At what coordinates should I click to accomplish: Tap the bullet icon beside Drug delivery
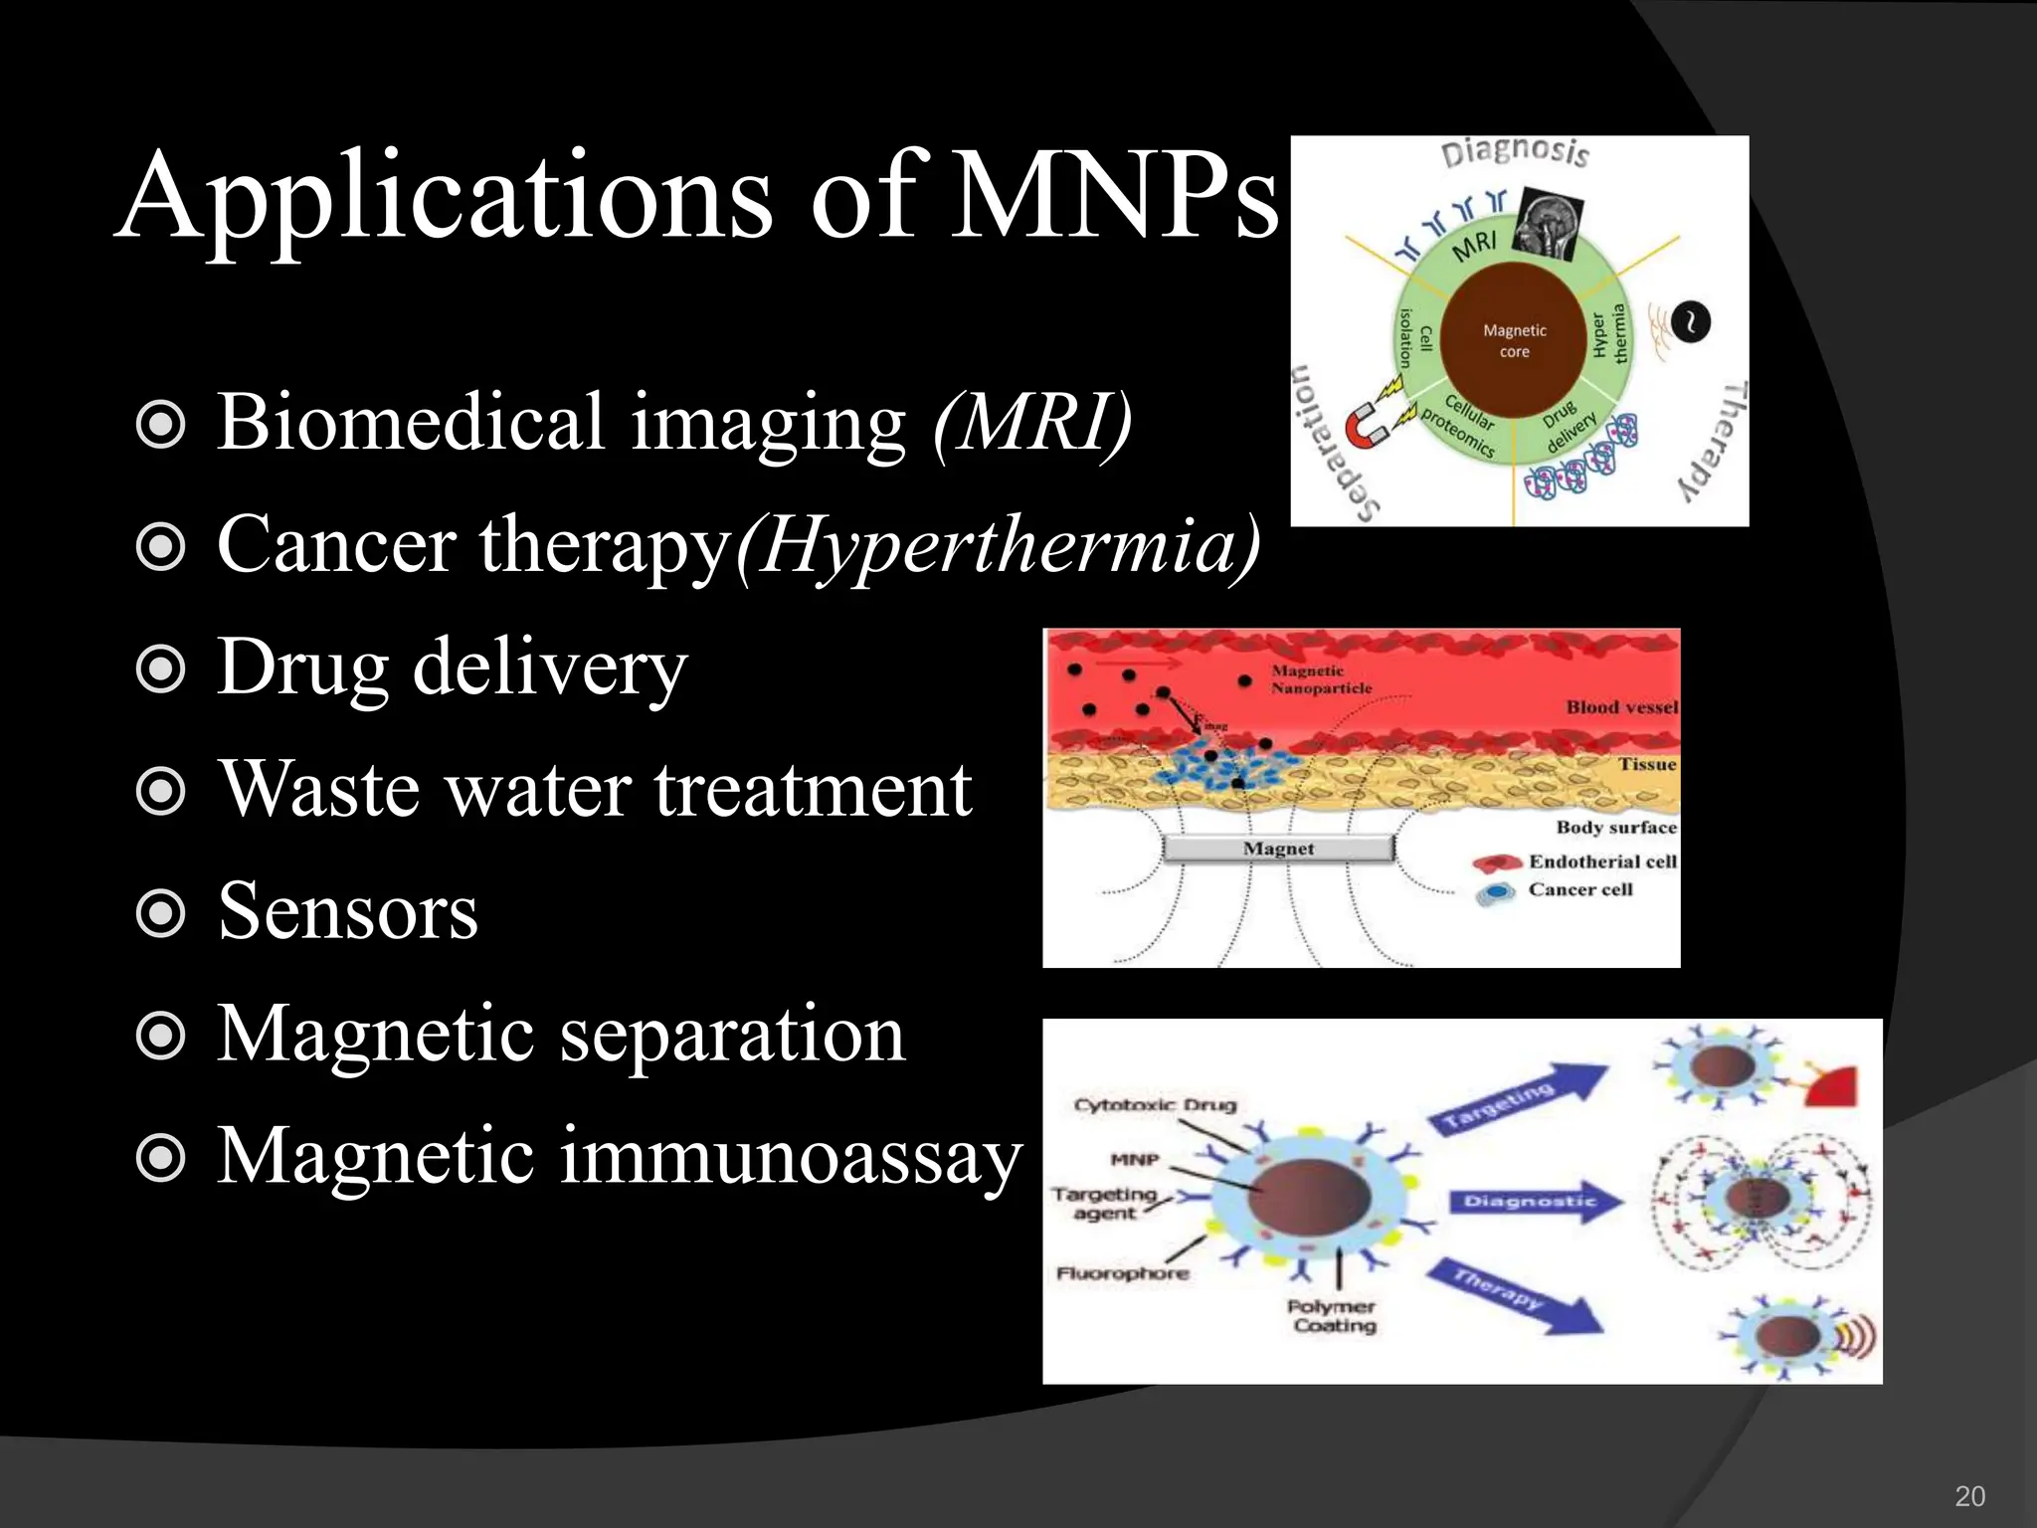160,669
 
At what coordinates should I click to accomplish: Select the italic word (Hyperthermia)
998,545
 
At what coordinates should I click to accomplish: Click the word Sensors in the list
347,911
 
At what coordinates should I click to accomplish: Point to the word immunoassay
790,1156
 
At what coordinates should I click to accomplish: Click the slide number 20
1969,1496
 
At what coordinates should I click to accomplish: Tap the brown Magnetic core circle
1514,341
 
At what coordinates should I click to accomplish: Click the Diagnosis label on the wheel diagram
1515,152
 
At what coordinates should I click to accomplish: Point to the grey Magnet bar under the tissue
1278,849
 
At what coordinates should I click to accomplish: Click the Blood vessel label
1621,707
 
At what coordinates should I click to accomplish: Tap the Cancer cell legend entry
1579,890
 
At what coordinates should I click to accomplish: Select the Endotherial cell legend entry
1601,861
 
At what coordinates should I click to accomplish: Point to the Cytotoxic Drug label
1155,1105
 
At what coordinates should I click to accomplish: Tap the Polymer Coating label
1332,1315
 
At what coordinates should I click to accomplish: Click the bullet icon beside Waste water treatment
160,792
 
